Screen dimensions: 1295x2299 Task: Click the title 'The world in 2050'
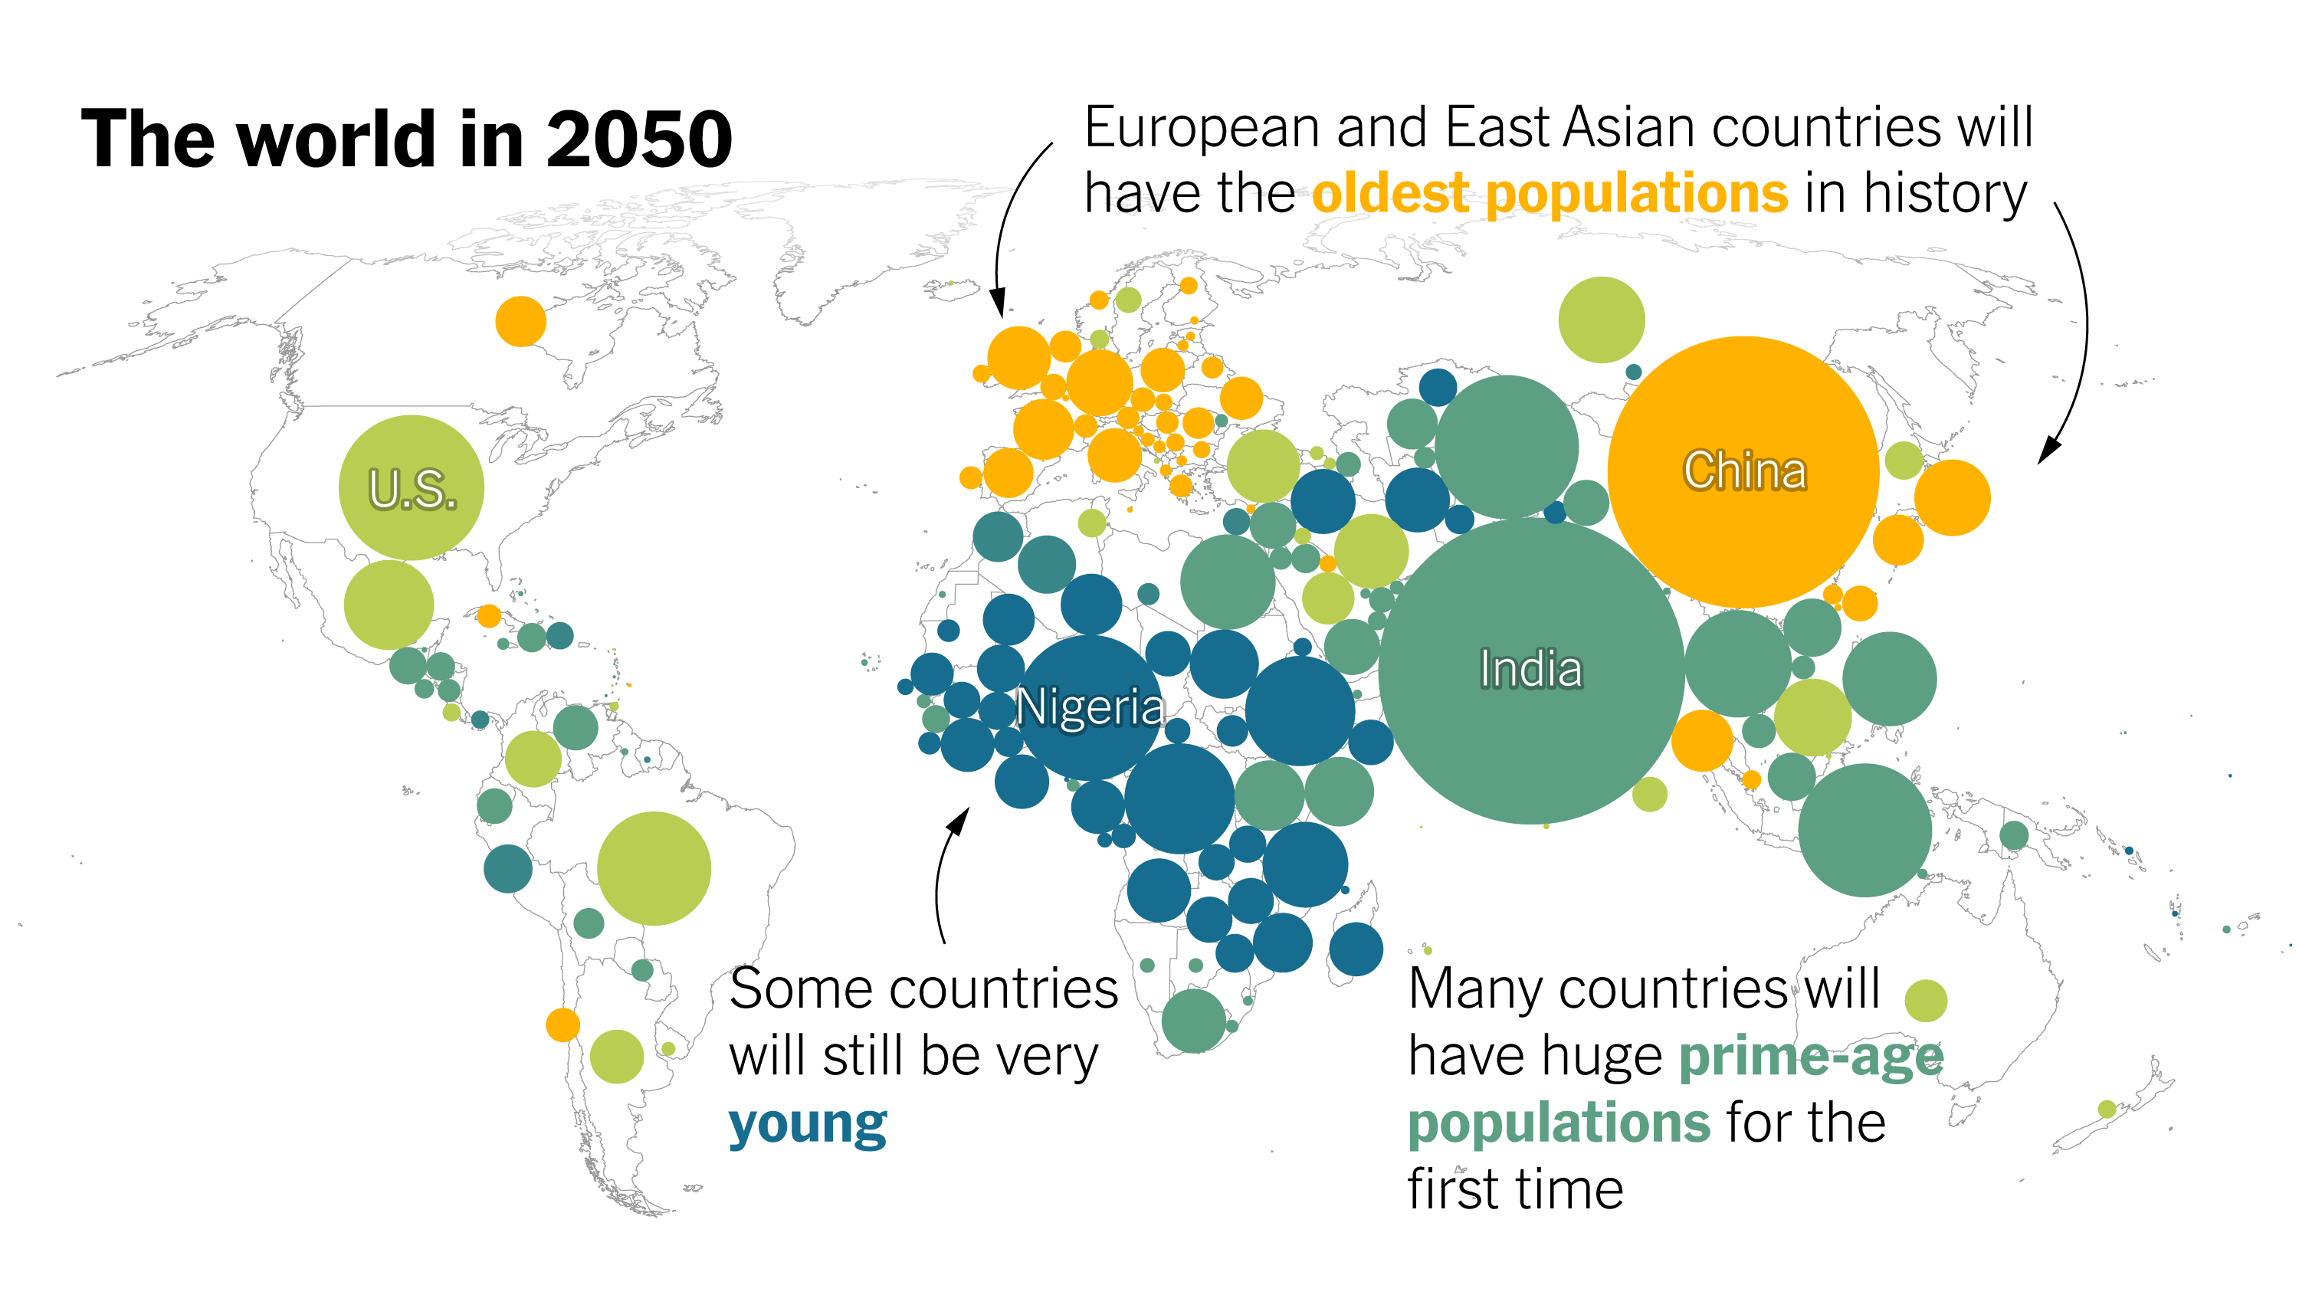coord(406,139)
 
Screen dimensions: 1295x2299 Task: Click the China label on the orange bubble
coord(1745,470)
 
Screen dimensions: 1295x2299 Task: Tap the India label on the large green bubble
coord(1530,670)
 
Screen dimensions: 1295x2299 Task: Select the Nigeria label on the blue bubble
coord(1090,708)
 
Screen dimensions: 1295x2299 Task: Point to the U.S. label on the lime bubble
coord(412,489)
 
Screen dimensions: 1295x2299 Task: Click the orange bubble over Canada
coord(520,321)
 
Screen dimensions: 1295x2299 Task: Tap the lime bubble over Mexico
coord(389,605)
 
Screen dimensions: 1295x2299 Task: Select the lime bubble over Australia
coord(1925,1001)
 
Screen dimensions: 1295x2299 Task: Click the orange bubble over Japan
coord(1952,498)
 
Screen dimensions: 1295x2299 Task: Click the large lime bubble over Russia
coord(1601,320)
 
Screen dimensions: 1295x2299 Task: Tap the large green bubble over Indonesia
coord(1864,830)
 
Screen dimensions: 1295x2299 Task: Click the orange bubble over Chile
coord(562,1025)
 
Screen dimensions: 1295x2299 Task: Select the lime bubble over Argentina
coord(616,1057)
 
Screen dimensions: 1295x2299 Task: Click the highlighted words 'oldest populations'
coord(1550,194)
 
